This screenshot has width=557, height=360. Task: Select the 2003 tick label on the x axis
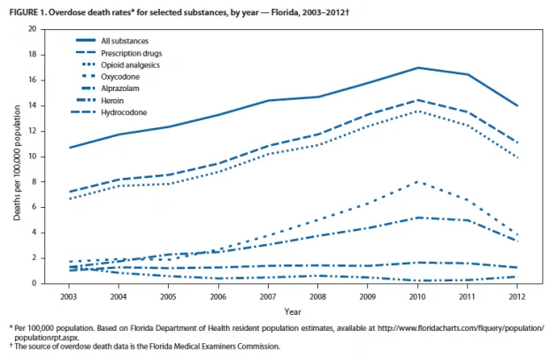click(69, 295)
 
